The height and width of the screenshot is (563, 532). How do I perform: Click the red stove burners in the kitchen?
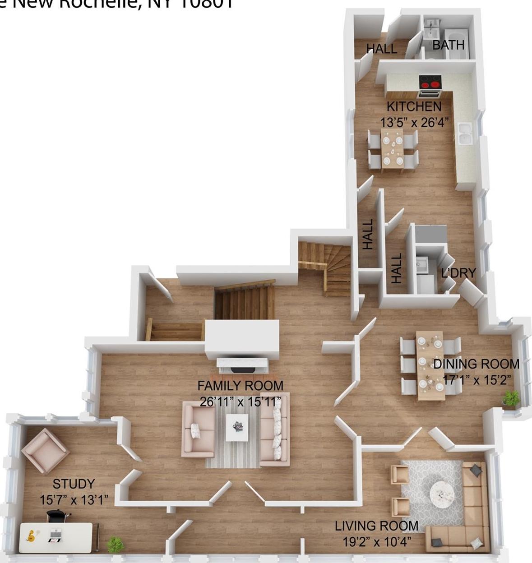pos(430,82)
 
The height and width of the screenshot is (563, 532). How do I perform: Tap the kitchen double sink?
pos(464,133)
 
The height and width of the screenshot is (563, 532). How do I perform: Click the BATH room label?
pos(448,45)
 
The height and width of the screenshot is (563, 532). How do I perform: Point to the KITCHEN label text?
pos(414,106)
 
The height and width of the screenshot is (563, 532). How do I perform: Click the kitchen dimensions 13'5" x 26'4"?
pos(416,122)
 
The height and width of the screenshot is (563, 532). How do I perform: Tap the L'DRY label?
pos(458,273)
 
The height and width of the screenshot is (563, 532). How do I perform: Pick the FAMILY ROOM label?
pos(240,386)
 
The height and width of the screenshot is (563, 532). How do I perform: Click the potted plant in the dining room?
pos(511,398)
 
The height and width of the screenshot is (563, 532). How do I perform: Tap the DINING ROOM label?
pos(476,364)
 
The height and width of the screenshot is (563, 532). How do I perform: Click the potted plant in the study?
pos(115,545)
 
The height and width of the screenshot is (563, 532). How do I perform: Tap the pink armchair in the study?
pos(45,450)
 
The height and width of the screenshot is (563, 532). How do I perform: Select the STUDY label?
pos(74,484)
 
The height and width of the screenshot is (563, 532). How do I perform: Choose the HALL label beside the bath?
pos(381,49)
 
